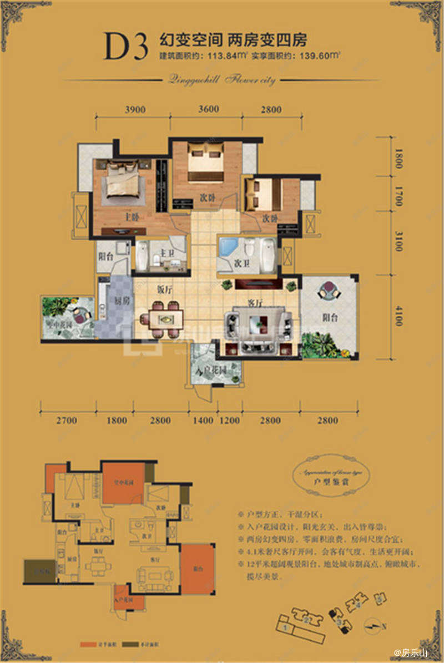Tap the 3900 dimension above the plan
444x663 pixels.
135,110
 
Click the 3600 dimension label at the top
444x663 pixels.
208,110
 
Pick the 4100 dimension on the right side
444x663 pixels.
398,313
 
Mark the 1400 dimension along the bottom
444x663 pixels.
202,421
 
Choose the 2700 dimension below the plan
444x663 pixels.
67,421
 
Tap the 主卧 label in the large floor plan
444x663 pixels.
132,217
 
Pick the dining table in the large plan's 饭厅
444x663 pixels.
166,319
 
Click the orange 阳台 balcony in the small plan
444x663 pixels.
198,568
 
